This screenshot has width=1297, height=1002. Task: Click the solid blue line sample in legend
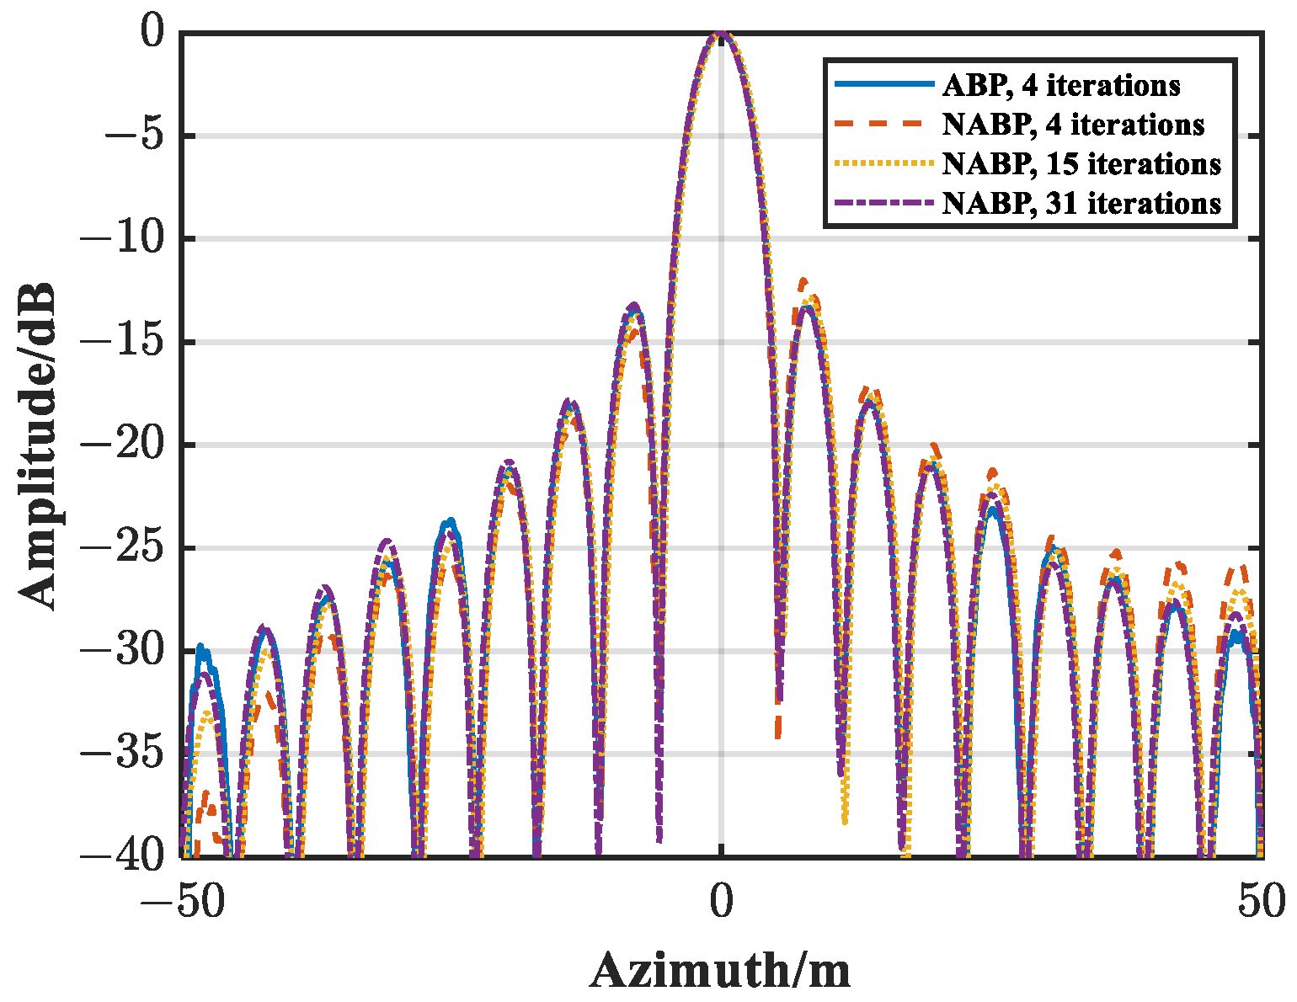(884, 84)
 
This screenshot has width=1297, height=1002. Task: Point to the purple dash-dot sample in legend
(884, 203)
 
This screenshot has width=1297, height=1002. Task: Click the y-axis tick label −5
(127, 136)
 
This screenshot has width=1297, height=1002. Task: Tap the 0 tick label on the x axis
(721, 903)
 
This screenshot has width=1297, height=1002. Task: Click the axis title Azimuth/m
(721, 971)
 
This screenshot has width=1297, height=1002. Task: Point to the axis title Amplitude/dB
(38, 445)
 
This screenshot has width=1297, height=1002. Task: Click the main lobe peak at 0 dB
(721, 34)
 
